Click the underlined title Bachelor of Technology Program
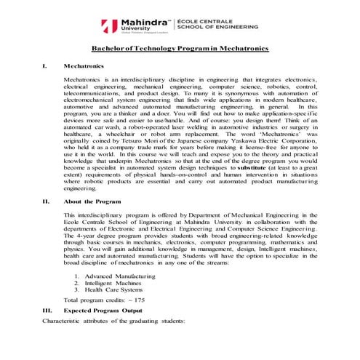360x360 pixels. point(180,48)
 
